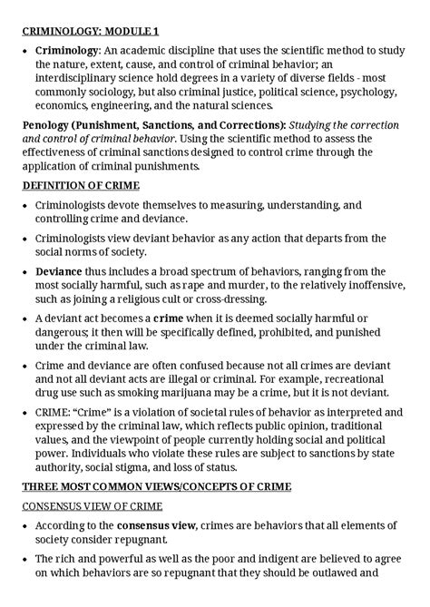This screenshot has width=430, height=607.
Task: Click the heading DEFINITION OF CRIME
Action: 83,185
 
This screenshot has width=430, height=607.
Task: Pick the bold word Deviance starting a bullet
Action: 59,271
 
